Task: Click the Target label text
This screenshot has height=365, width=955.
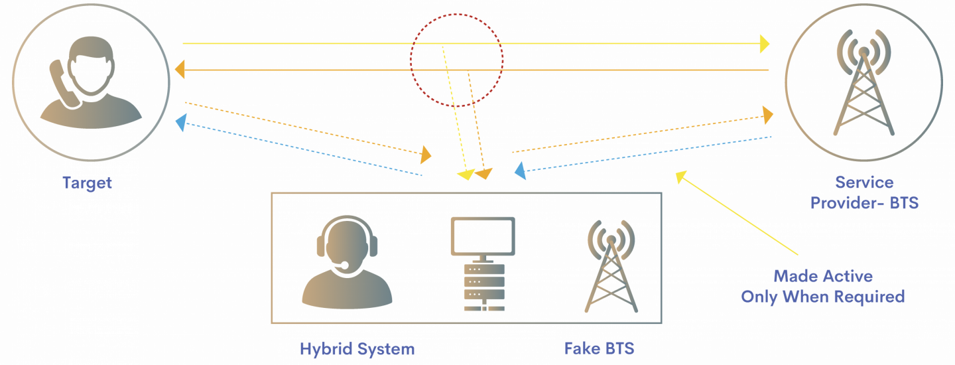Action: (87, 183)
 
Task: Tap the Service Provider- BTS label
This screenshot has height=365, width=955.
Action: (864, 192)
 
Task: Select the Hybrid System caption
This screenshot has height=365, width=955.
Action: (357, 349)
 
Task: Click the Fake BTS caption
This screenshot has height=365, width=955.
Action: (599, 349)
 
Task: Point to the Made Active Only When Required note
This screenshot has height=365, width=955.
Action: (822, 286)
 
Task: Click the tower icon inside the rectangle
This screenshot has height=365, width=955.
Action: (611, 265)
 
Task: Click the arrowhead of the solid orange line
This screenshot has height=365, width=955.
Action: (179, 70)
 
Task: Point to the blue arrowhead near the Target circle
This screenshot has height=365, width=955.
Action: (180, 122)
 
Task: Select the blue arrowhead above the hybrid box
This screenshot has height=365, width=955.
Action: (520, 171)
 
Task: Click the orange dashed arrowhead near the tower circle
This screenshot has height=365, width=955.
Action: (767, 116)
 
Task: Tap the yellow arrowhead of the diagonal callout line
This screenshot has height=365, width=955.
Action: (680, 176)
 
